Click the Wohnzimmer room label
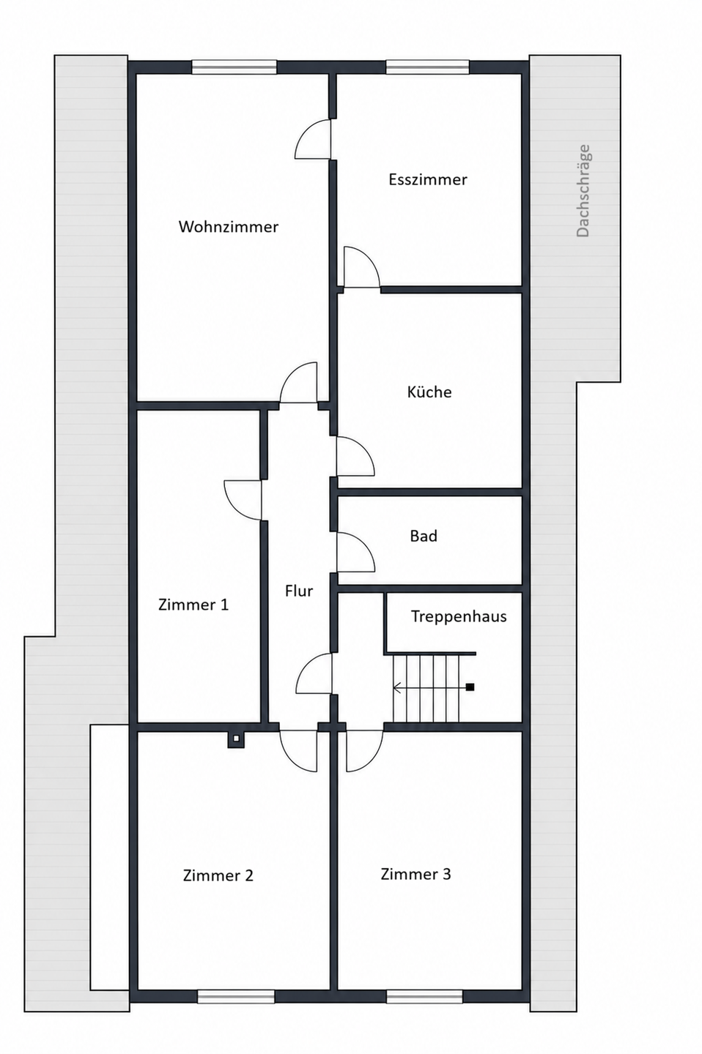click(229, 227)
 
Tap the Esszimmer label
click(428, 179)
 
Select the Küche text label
click(429, 392)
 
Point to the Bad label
click(424, 536)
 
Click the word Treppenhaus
click(459, 616)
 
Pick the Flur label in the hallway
click(299, 591)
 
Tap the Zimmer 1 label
click(193, 604)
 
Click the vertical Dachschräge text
click(583, 190)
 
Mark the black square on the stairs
click(470, 687)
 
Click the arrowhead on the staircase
click(396, 687)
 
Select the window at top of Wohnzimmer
click(234, 67)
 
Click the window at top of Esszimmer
click(428, 67)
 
